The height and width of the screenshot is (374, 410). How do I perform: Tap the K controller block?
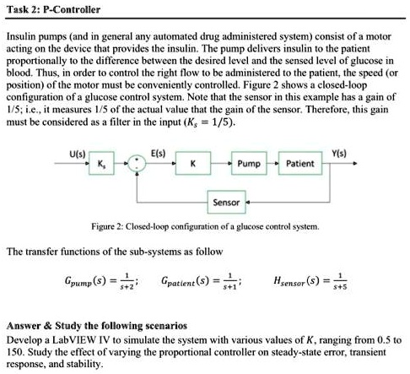(x=200, y=163)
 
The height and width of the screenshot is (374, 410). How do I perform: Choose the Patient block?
(x=301, y=163)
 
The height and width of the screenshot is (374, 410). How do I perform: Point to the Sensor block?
(x=226, y=203)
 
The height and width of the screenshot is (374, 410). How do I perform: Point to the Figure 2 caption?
(x=205, y=227)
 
